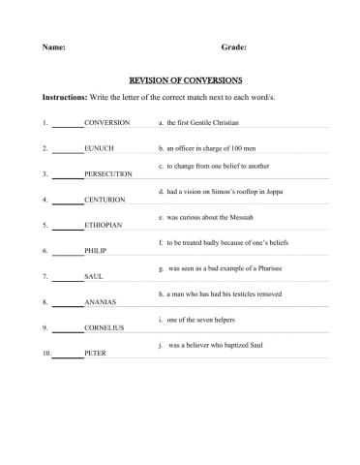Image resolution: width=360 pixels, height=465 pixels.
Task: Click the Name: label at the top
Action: pos(54,46)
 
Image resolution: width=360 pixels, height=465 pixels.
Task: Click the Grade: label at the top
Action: pos(233,46)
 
